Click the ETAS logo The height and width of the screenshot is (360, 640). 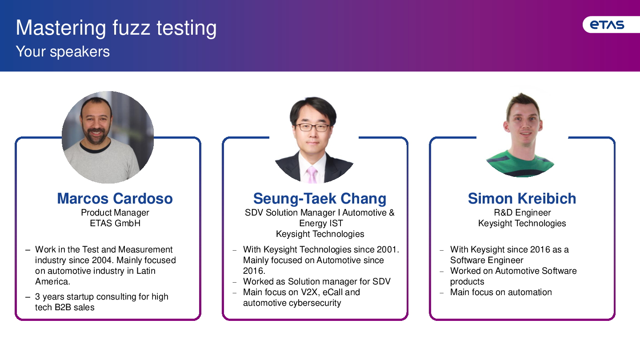[607, 25]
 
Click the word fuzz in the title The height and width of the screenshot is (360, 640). [131, 28]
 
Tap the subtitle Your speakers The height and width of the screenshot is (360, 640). [63, 52]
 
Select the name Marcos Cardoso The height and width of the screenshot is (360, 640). [115, 198]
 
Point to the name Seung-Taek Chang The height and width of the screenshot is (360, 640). [320, 199]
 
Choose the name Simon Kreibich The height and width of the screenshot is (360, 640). [522, 198]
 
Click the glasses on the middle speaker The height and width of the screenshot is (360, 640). [312, 127]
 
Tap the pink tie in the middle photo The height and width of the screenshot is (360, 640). [312, 175]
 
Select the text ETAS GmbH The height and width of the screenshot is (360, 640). [115, 223]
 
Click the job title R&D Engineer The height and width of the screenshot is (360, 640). [522, 212]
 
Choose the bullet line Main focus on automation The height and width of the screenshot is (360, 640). [501, 292]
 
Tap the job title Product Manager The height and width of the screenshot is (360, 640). [115, 212]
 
